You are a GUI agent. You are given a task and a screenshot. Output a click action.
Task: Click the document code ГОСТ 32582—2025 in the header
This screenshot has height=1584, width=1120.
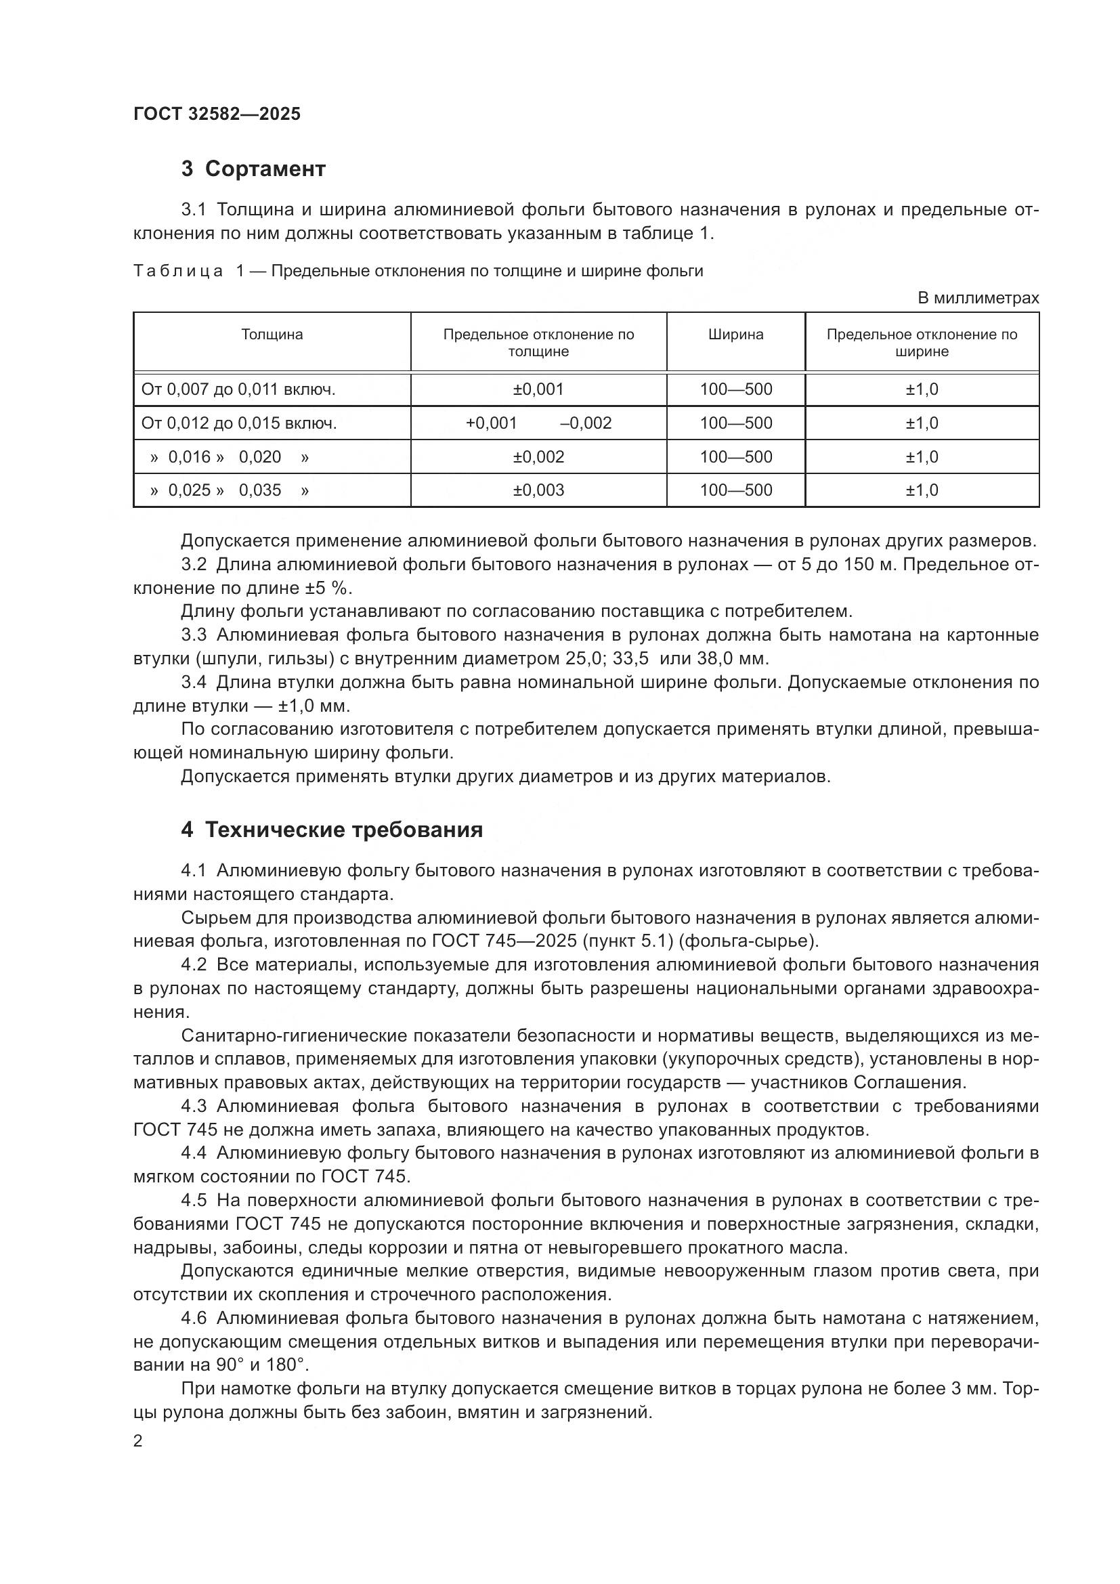point(217,114)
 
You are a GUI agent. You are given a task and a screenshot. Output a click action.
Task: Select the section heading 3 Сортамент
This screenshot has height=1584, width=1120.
point(253,169)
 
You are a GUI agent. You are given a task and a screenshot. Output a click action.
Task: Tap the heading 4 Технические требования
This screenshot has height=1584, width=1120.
point(332,830)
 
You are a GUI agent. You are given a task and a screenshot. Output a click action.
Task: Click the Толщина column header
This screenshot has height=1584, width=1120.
point(272,335)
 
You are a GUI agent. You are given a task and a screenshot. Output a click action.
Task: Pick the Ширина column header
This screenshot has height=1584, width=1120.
point(735,335)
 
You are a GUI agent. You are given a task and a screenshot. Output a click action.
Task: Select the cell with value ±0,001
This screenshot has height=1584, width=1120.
point(538,389)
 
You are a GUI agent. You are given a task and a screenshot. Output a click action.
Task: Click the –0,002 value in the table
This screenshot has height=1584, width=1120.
point(586,423)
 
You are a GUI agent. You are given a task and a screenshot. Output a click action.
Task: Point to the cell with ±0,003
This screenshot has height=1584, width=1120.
point(538,490)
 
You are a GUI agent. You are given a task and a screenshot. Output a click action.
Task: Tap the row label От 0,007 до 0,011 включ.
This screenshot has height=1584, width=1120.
point(238,389)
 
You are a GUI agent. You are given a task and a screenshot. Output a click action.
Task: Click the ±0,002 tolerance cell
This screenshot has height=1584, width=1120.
point(538,456)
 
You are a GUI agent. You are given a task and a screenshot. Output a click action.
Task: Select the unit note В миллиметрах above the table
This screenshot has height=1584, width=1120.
point(977,298)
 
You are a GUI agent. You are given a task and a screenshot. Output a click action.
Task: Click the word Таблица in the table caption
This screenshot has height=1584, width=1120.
point(178,271)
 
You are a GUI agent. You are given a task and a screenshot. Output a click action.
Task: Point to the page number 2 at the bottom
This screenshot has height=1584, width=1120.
point(138,1441)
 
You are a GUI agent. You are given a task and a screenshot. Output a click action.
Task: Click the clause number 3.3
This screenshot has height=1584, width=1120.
point(194,635)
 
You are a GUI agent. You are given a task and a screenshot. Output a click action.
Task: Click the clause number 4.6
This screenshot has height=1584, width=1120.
point(194,1319)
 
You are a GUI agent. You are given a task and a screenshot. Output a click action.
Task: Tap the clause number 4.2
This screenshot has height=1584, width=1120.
point(194,964)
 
